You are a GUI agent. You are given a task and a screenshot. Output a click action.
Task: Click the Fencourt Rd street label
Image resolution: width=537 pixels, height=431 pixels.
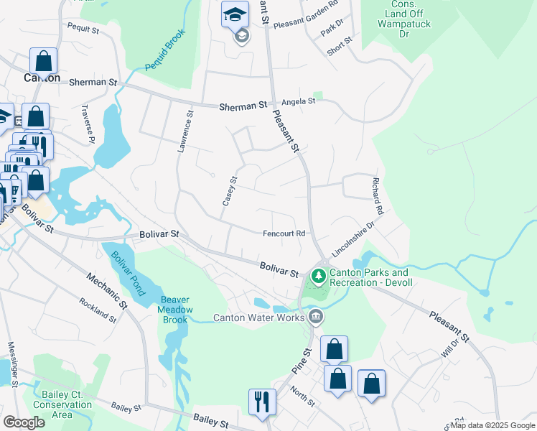pyautogui.click(x=284, y=233)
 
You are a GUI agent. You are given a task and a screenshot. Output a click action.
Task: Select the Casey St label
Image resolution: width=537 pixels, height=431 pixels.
pyautogui.click(x=230, y=191)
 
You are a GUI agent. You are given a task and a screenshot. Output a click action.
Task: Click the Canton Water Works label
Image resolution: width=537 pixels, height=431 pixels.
pyautogui.click(x=259, y=318)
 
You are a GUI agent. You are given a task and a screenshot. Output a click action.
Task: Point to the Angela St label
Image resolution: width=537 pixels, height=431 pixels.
pyautogui.click(x=298, y=101)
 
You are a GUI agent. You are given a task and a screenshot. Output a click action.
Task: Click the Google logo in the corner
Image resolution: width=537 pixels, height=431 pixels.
pyautogui.click(x=24, y=422)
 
